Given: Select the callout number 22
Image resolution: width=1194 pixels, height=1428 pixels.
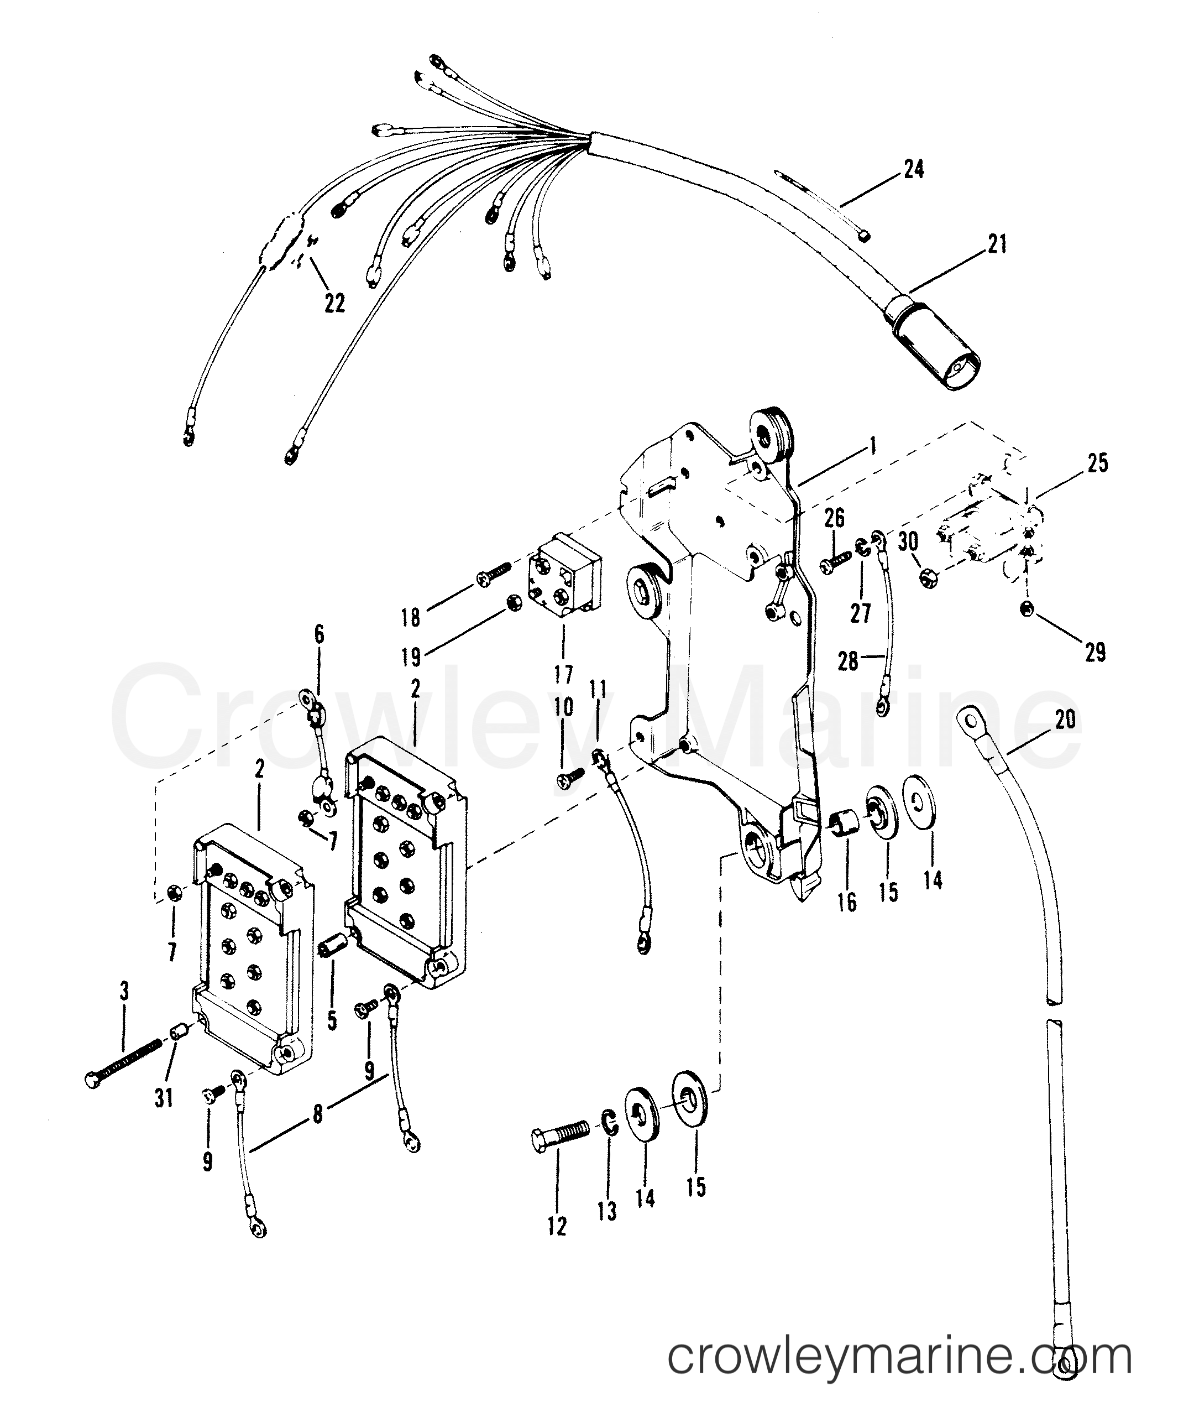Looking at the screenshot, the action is click(334, 303).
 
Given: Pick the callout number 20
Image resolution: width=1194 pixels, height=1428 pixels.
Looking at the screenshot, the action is click(1065, 718).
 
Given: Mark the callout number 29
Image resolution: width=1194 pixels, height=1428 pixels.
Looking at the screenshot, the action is click(1094, 653).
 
